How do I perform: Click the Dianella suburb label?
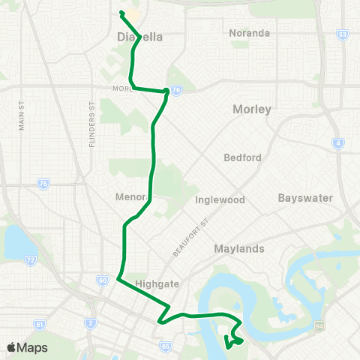click(x=140, y=36)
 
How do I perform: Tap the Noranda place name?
click(x=250, y=33)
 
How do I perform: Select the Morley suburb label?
click(x=250, y=109)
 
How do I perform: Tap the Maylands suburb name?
click(x=240, y=248)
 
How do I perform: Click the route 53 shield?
click(x=343, y=34)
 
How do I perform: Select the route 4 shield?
click(x=339, y=142)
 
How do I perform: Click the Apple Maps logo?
click(x=27, y=347)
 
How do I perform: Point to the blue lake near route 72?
click(x=15, y=242)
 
